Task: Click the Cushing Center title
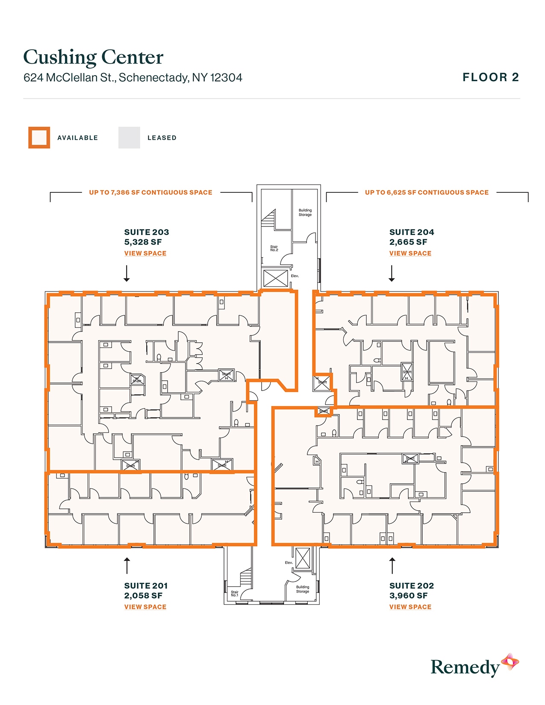pos(93,57)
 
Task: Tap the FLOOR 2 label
pos(491,77)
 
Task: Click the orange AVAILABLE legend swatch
pos(39,138)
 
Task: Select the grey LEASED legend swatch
pos(129,138)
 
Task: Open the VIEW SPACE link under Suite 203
pos(145,253)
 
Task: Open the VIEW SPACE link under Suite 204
pos(410,253)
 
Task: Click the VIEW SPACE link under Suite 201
pos(145,607)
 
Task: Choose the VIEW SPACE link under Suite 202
pos(410,607)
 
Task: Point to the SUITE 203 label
pos(147,232)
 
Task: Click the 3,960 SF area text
pos(408,596)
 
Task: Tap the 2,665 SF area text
pos(408,242)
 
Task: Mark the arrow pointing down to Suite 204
pos(392,273)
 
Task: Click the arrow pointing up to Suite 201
pos(127,566)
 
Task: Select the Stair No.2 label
pos(274,248)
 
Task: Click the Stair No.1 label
pos(234,593)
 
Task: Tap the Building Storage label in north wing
pos(305,212)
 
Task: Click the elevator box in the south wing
pos(303,558)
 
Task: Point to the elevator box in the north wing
pos(275,279)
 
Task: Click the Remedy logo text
pos(465,667)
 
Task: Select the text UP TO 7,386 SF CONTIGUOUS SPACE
pos(150,193)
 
